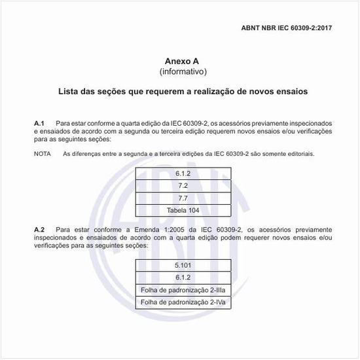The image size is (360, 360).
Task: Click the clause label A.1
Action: pyautogui.click(x=39, y=123)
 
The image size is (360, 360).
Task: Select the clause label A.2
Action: pyautogui.click(x=39, y=230)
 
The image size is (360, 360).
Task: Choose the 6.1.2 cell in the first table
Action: pyautogui.click(x=183, y=173)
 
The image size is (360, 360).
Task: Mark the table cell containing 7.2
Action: pyautogui.click(x=183, y=185)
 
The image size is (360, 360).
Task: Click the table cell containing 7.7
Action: pyautogui.click(x=183, y=198)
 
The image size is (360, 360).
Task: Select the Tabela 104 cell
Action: pyautogui.click(x=183, y=210)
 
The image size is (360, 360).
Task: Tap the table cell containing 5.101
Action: pyautogui.click(x=183, y=265)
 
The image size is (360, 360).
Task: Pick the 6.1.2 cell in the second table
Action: pyautogui.click(x=183, y=278)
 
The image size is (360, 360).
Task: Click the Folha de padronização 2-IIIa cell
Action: pyautogui.click(x=183, y=290)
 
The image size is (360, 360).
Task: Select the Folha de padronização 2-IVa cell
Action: pyautogui.click(x=183, y=302)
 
